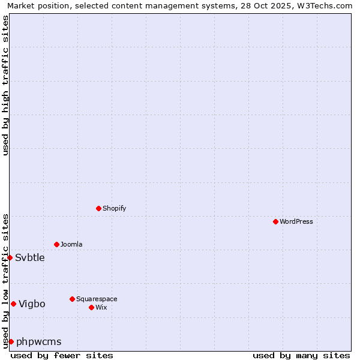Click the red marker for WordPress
[275, 221]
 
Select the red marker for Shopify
[98, 208]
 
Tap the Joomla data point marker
[56, 244]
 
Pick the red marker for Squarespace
[72, 299]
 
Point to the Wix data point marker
[91, 307]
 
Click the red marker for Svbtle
[10, 257]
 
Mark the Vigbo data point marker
[13, 304]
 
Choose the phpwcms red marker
[11, 341]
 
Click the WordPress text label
[296, 222]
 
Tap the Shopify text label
[114, 209]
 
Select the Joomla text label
[71, 245]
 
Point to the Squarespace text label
[97, 299]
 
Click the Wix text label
[101, 308]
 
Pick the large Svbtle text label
[30, 258]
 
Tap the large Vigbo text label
[32, 304]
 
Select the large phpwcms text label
[39, 342]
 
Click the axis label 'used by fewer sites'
[62, 355]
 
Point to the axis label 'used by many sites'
[301, 355]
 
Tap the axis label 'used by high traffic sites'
[6, 86]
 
